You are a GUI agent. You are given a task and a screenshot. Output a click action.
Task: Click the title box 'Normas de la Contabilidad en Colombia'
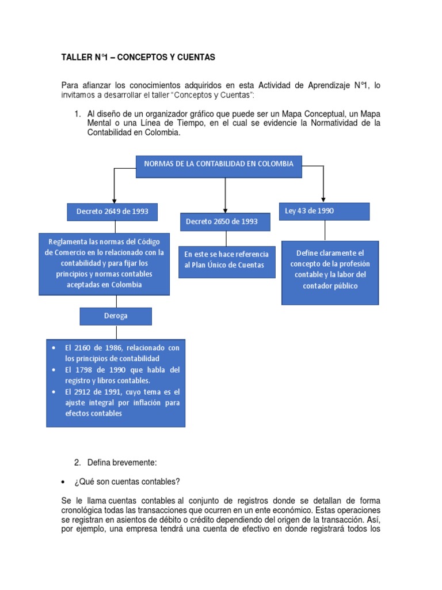(x=219, y=166)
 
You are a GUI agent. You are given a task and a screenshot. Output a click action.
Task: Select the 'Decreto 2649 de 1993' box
(x=112, y=211)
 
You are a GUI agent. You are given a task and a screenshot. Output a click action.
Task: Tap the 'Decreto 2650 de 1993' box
(x=224, y=222)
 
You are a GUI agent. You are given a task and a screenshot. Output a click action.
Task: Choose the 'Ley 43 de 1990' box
(x=323, y=211)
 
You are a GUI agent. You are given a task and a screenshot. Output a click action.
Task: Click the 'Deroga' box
(x=116, y=316)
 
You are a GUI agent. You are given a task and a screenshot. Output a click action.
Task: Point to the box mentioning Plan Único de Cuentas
(x=227, y=262)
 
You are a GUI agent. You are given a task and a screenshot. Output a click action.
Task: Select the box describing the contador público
(x=330, y=273)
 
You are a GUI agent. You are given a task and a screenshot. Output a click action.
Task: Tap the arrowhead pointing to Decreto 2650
(x=225, y=209)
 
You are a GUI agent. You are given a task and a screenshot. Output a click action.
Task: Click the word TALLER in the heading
(x=76, y=58)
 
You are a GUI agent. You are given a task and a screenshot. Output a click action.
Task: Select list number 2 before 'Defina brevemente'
(x=77, y=462)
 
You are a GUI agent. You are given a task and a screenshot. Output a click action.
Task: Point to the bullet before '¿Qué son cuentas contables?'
(x=64, y=482)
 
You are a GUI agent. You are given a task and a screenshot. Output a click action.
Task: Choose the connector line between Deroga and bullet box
(x=116, y=332)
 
